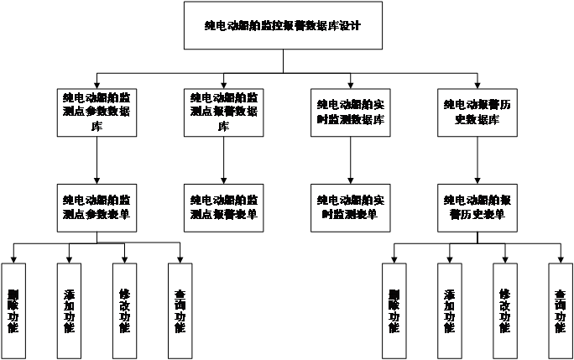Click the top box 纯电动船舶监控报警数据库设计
pos(283,26)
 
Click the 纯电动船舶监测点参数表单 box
pos(97,207)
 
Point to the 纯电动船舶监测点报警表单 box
pos(223,207)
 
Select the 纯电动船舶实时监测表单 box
pos(351,207)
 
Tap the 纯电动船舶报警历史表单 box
pos(477,207)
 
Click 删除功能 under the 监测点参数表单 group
pos(13,310)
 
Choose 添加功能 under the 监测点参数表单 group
pos(69,310)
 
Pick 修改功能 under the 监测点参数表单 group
pos(124,310)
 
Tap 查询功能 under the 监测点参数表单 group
pos(180,310)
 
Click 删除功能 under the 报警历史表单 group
pos(394,310)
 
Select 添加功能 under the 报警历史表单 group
pos(449,310)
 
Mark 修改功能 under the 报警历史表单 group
pos(504,310)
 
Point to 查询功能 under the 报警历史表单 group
pos(560,310)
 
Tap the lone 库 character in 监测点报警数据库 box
pos(223,127)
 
